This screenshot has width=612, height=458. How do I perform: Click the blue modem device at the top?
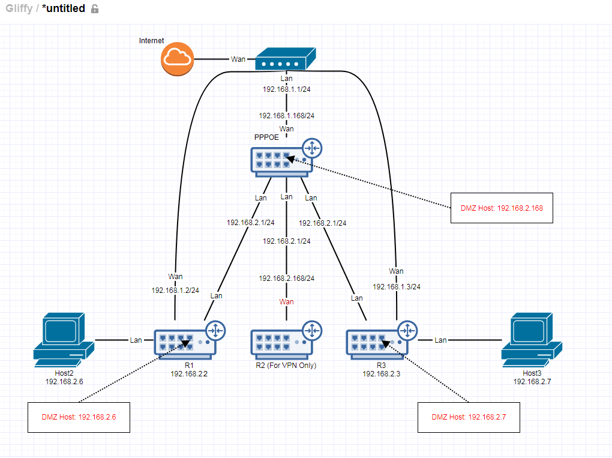tap(285, 61)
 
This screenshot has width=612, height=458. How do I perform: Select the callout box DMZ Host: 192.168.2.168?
tap(501, 208)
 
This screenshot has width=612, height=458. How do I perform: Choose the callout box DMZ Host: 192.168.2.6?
tap(79, 417)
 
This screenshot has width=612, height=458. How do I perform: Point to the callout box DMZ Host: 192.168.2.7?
tap(469, 417)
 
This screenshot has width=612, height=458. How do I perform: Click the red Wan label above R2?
tap(287, 301)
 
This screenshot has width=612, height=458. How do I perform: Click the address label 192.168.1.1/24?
tap(287, 89)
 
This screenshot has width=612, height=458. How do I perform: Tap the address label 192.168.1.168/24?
tap(287, 115)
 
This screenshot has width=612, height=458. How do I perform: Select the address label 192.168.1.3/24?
tap(397, 286)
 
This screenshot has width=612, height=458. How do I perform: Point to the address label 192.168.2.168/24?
tap(287, 279)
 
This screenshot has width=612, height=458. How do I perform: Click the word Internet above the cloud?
tap(152, 41)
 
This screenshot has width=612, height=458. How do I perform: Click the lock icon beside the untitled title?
tap(94, 9)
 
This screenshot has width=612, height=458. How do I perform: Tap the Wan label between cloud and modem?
tap(238, 59)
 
